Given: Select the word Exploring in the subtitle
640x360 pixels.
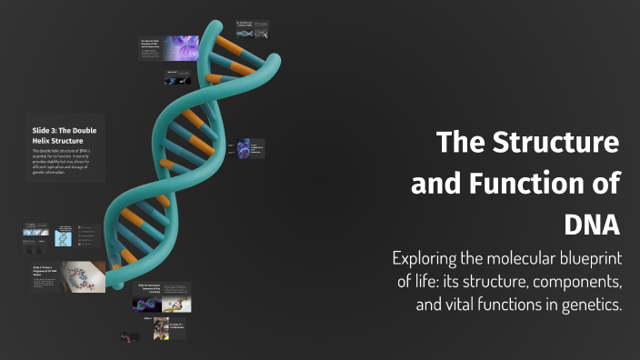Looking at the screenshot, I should [x=429, y=257].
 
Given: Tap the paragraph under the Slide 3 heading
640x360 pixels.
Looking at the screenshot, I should [x=62, y=164].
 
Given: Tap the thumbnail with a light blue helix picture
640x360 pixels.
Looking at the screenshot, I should [x=63, y=237].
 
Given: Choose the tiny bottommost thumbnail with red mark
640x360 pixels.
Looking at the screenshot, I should [x=128, y=337].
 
